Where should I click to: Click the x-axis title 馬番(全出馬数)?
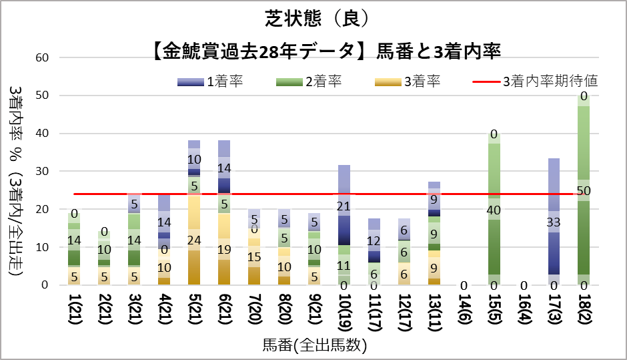pos(314,345)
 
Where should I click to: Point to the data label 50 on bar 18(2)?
pos(585,190)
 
